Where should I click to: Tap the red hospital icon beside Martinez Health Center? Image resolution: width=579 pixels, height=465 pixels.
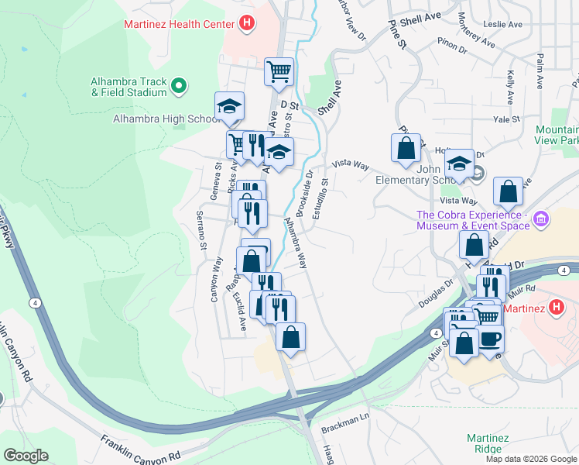[x=246, y=24]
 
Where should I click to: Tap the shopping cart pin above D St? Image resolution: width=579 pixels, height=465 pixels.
[x=279, y=73]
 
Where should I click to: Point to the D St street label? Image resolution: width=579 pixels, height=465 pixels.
[x=289, y=104]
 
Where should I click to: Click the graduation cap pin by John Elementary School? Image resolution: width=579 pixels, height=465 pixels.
[x=459, y=164]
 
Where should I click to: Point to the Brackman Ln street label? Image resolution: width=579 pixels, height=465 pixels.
[x=346, y=420]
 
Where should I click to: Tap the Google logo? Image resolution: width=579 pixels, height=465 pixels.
[x=26, y=456]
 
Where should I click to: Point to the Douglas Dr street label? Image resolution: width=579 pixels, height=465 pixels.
[x=436, y=290]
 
